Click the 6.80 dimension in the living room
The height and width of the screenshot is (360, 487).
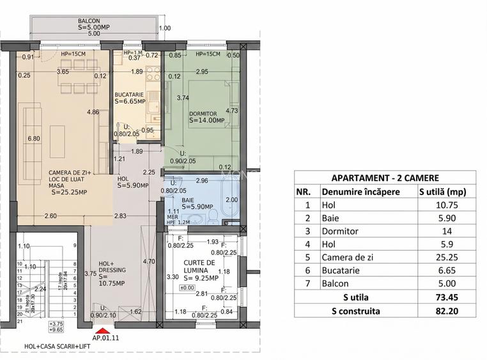tap(33, 138)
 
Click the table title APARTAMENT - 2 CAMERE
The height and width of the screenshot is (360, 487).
tap(385, 178)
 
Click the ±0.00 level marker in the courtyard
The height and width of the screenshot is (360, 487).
tap(187, 287)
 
